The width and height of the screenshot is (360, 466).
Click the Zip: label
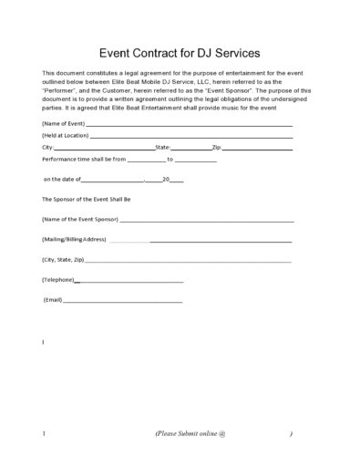point(216,146)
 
